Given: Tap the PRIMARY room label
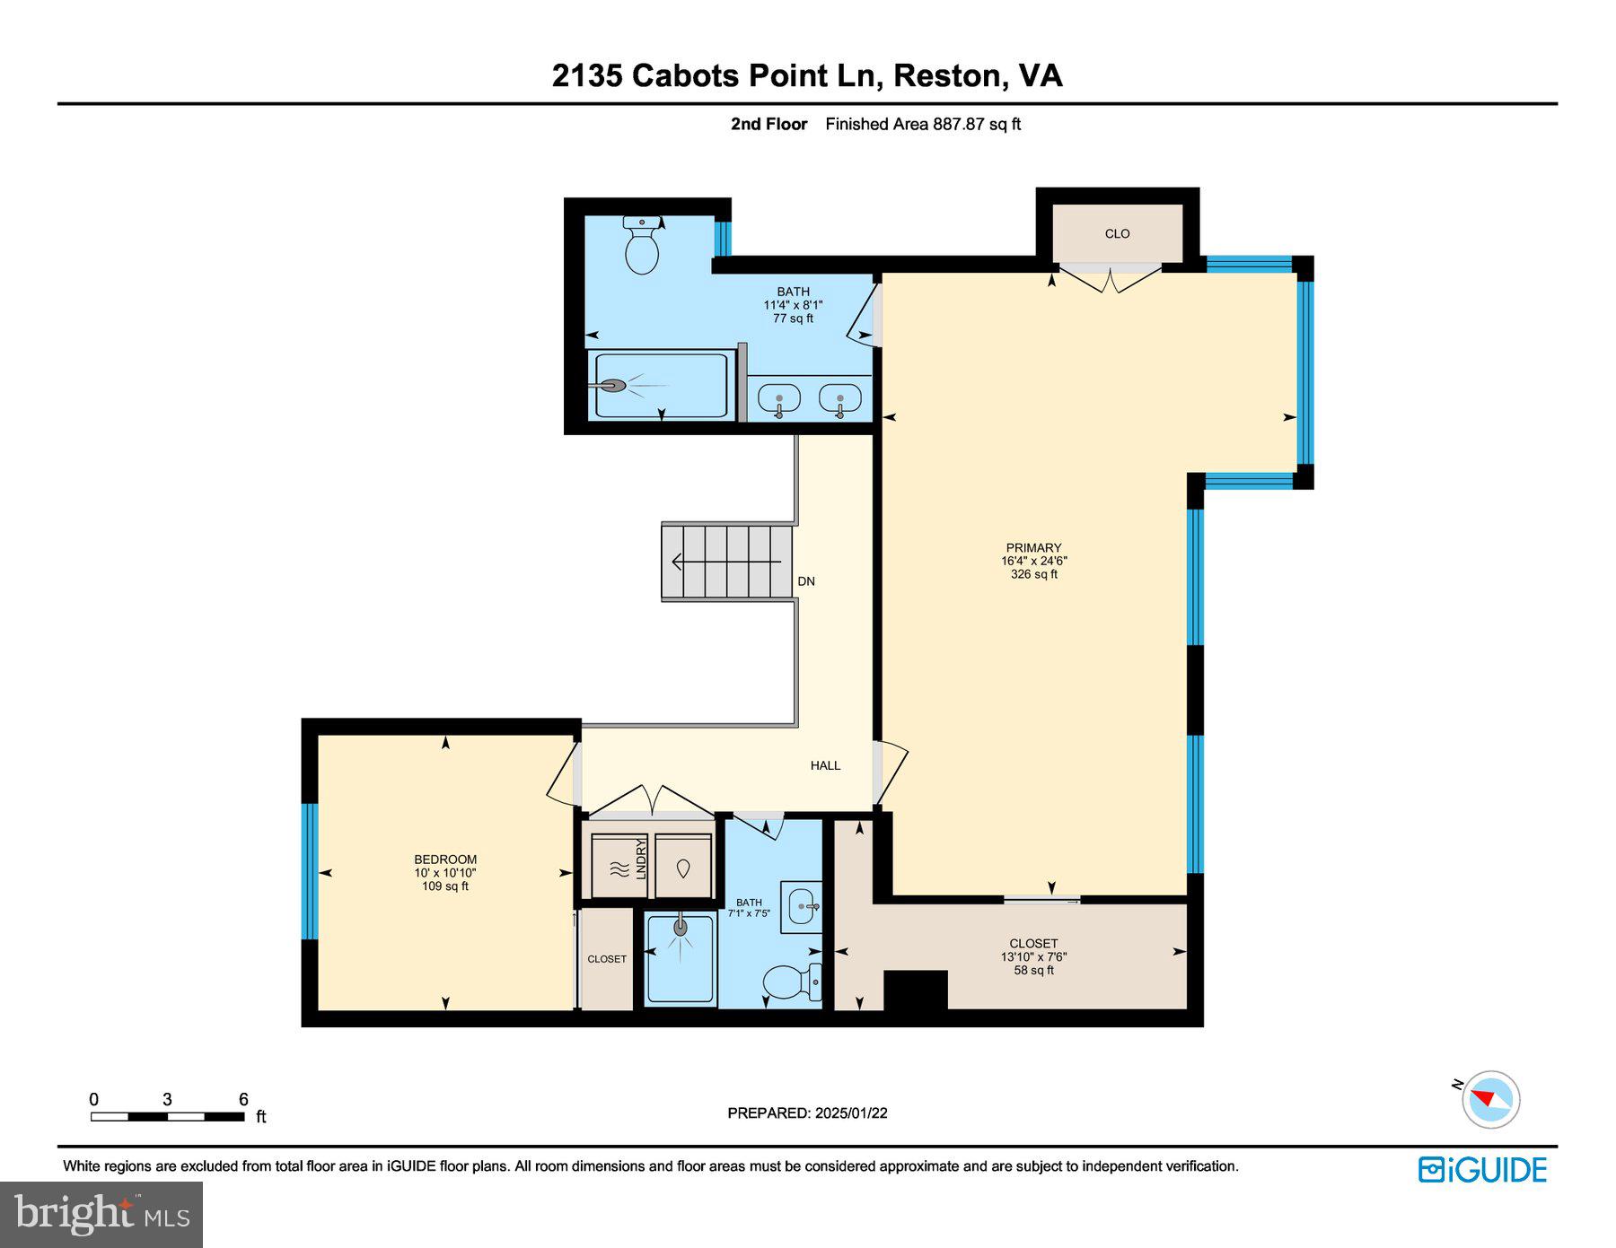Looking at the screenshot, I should pos(1033,548).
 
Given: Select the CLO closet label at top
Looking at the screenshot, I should pos(1117,234).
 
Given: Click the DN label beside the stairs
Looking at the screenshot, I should pos(806,581).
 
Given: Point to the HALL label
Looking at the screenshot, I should pos(825,765).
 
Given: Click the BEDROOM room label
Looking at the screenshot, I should pos(445,860).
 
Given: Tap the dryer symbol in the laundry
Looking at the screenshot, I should pos(619,868).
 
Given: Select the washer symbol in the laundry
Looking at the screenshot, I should pos(683,868).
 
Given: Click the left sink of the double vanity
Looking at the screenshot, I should pos(778,397).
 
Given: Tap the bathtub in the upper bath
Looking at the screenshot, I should pos(663,385).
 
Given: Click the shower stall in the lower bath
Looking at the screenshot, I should pos(681,958).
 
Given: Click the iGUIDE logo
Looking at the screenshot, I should pos(1482,1170).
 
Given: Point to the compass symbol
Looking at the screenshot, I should pos(1490,1099).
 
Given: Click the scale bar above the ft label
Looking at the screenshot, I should pos(167,1117).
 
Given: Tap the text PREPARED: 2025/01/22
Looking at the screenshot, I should pos(807,1113).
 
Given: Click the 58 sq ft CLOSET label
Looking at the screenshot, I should pos(1033,956).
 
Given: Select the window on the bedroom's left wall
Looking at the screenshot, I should pos(310,870).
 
